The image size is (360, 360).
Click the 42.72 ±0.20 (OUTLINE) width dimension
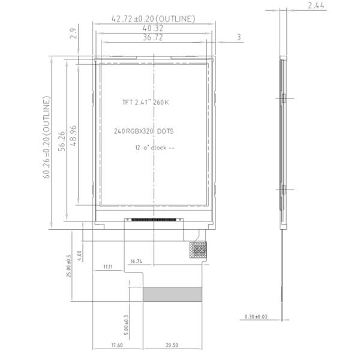coord(154,19)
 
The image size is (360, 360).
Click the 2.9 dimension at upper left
coord(74,34)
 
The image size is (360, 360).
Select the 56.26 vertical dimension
coord(62,141)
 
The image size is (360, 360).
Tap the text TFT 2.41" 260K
coord(146,103)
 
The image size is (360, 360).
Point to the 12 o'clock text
coord(154,147)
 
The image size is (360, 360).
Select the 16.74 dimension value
coord(136,261)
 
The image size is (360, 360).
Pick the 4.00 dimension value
coord(80,256)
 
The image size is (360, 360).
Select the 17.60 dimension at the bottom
coord(116,345)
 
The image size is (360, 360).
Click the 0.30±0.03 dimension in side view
coord(256,316)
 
